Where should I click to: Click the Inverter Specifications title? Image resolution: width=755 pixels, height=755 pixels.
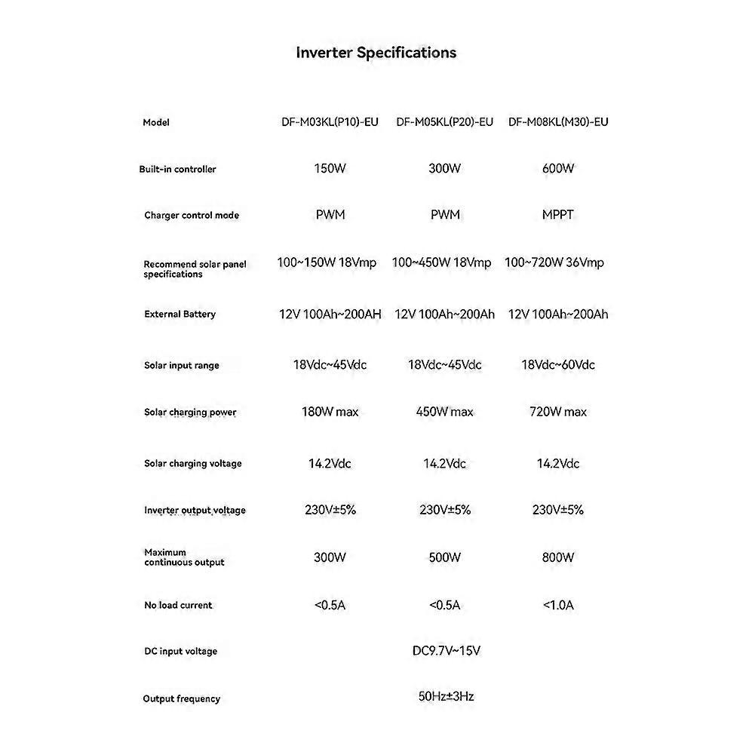click(x=376, y=53)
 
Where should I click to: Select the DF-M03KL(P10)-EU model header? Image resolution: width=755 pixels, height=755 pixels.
click(x=330, y=122)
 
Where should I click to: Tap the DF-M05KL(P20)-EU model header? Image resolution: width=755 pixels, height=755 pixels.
click(x=444, y=122)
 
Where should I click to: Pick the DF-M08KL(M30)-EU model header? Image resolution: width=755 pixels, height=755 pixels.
click(x=558, y=122)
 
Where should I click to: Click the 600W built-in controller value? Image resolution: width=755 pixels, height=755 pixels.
click(x=558, y=169)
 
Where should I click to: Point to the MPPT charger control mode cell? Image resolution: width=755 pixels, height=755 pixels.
click(x=558, y=215)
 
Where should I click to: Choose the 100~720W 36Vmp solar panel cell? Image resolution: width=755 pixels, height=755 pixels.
click(x=554, y=262)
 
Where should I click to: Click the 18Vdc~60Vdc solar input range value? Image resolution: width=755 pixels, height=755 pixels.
click(x=558, y=365)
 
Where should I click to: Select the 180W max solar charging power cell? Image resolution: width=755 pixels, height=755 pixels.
click(x=330, y=412)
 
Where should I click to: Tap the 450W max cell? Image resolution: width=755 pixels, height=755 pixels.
click(x=444, y=412)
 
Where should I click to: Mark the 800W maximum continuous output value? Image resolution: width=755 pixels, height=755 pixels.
click(x=558, y=558)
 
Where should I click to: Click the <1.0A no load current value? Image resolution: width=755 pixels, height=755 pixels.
click(x=558, y=605)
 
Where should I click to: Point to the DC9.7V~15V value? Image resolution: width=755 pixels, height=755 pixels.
click(x=446, y=651)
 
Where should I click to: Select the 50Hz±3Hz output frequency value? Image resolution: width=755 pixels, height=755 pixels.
click(x=446, y=697)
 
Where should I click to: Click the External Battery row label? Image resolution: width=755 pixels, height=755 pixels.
click(x=180, y=315)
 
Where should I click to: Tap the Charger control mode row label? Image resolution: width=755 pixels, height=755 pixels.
click(x=192, y=216)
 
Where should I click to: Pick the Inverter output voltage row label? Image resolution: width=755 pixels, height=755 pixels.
click(x=195, y=511)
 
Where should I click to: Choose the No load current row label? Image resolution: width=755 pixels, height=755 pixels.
click(x=178, y=606)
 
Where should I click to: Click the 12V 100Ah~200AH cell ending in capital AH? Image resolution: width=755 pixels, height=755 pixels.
click(x=330, y=315)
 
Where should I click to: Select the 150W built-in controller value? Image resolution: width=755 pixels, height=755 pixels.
click(x=330, y=169)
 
